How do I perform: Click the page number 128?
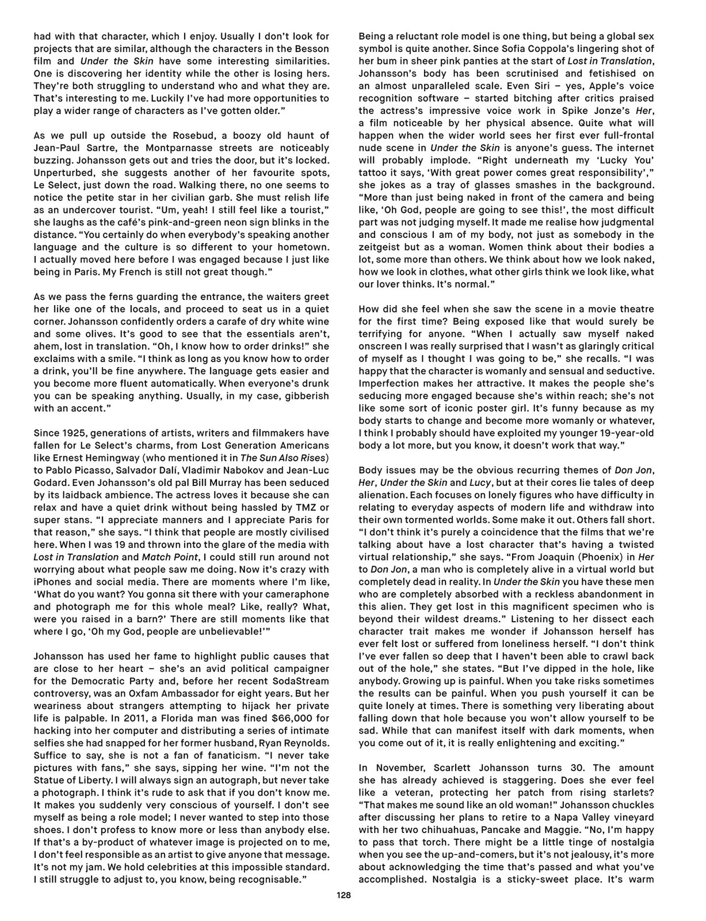[344, 895]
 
